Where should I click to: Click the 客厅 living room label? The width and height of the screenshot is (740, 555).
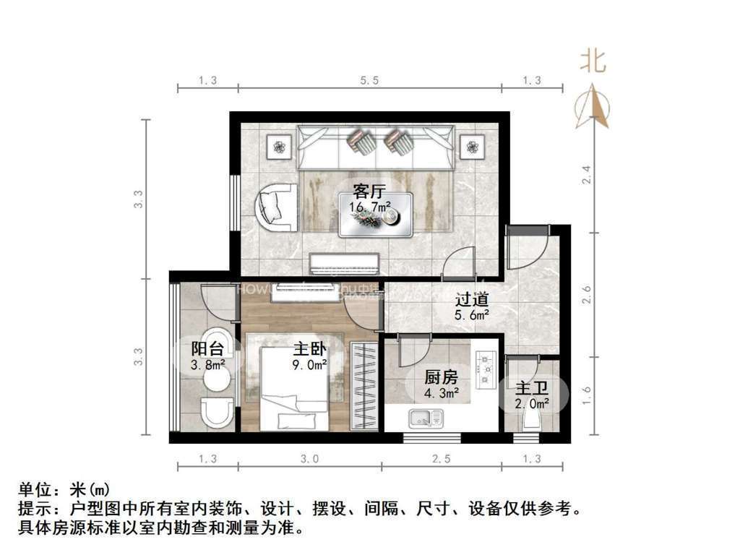coord(369,192)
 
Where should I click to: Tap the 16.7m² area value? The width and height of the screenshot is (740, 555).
coord(371,207)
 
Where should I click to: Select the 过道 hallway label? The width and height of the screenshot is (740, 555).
coord(472,298)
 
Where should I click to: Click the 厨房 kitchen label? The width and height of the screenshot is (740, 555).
coord(441,377)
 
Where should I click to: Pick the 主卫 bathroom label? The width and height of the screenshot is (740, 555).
coord(531,388)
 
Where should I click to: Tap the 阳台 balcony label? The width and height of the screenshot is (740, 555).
coord(207,348)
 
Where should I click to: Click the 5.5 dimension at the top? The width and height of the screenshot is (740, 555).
coord(369,80)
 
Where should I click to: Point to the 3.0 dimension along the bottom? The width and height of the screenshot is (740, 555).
coord(309,457)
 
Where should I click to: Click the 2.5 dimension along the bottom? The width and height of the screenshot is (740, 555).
coord(441,457)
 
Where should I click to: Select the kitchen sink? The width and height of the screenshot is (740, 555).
coord(426,417)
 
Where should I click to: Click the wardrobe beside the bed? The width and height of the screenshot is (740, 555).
coord(364,387)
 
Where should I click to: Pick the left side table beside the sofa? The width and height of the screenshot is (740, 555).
coord(278,148)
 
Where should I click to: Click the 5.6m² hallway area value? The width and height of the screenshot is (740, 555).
coord(472,314)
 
